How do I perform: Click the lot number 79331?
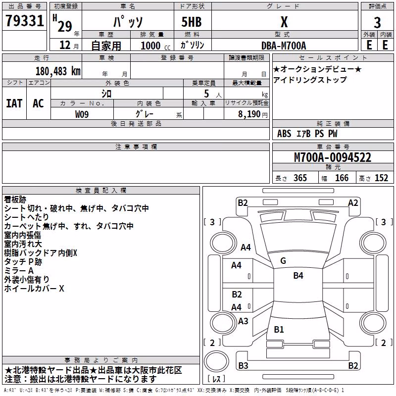[24, 20]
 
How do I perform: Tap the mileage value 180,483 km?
[58, 71]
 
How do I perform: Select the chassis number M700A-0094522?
[333, 157]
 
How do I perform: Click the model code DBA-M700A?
[284, 46]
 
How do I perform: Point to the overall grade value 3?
[377, 23]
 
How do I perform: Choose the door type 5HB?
[192, 22]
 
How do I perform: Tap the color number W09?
[82, 114]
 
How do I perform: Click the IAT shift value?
[14, 103]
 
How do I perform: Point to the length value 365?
[300, 178]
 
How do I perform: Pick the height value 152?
[381, 178]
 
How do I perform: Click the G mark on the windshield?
[283, 261]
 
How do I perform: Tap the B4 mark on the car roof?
[298, 276]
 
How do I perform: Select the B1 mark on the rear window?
[279, 329]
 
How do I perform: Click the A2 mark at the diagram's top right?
[353, 203]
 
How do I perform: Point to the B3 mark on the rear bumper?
[243, 365]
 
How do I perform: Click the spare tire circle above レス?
[216, 361]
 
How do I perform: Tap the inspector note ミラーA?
[19, 271]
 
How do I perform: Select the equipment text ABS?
[284, 134]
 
